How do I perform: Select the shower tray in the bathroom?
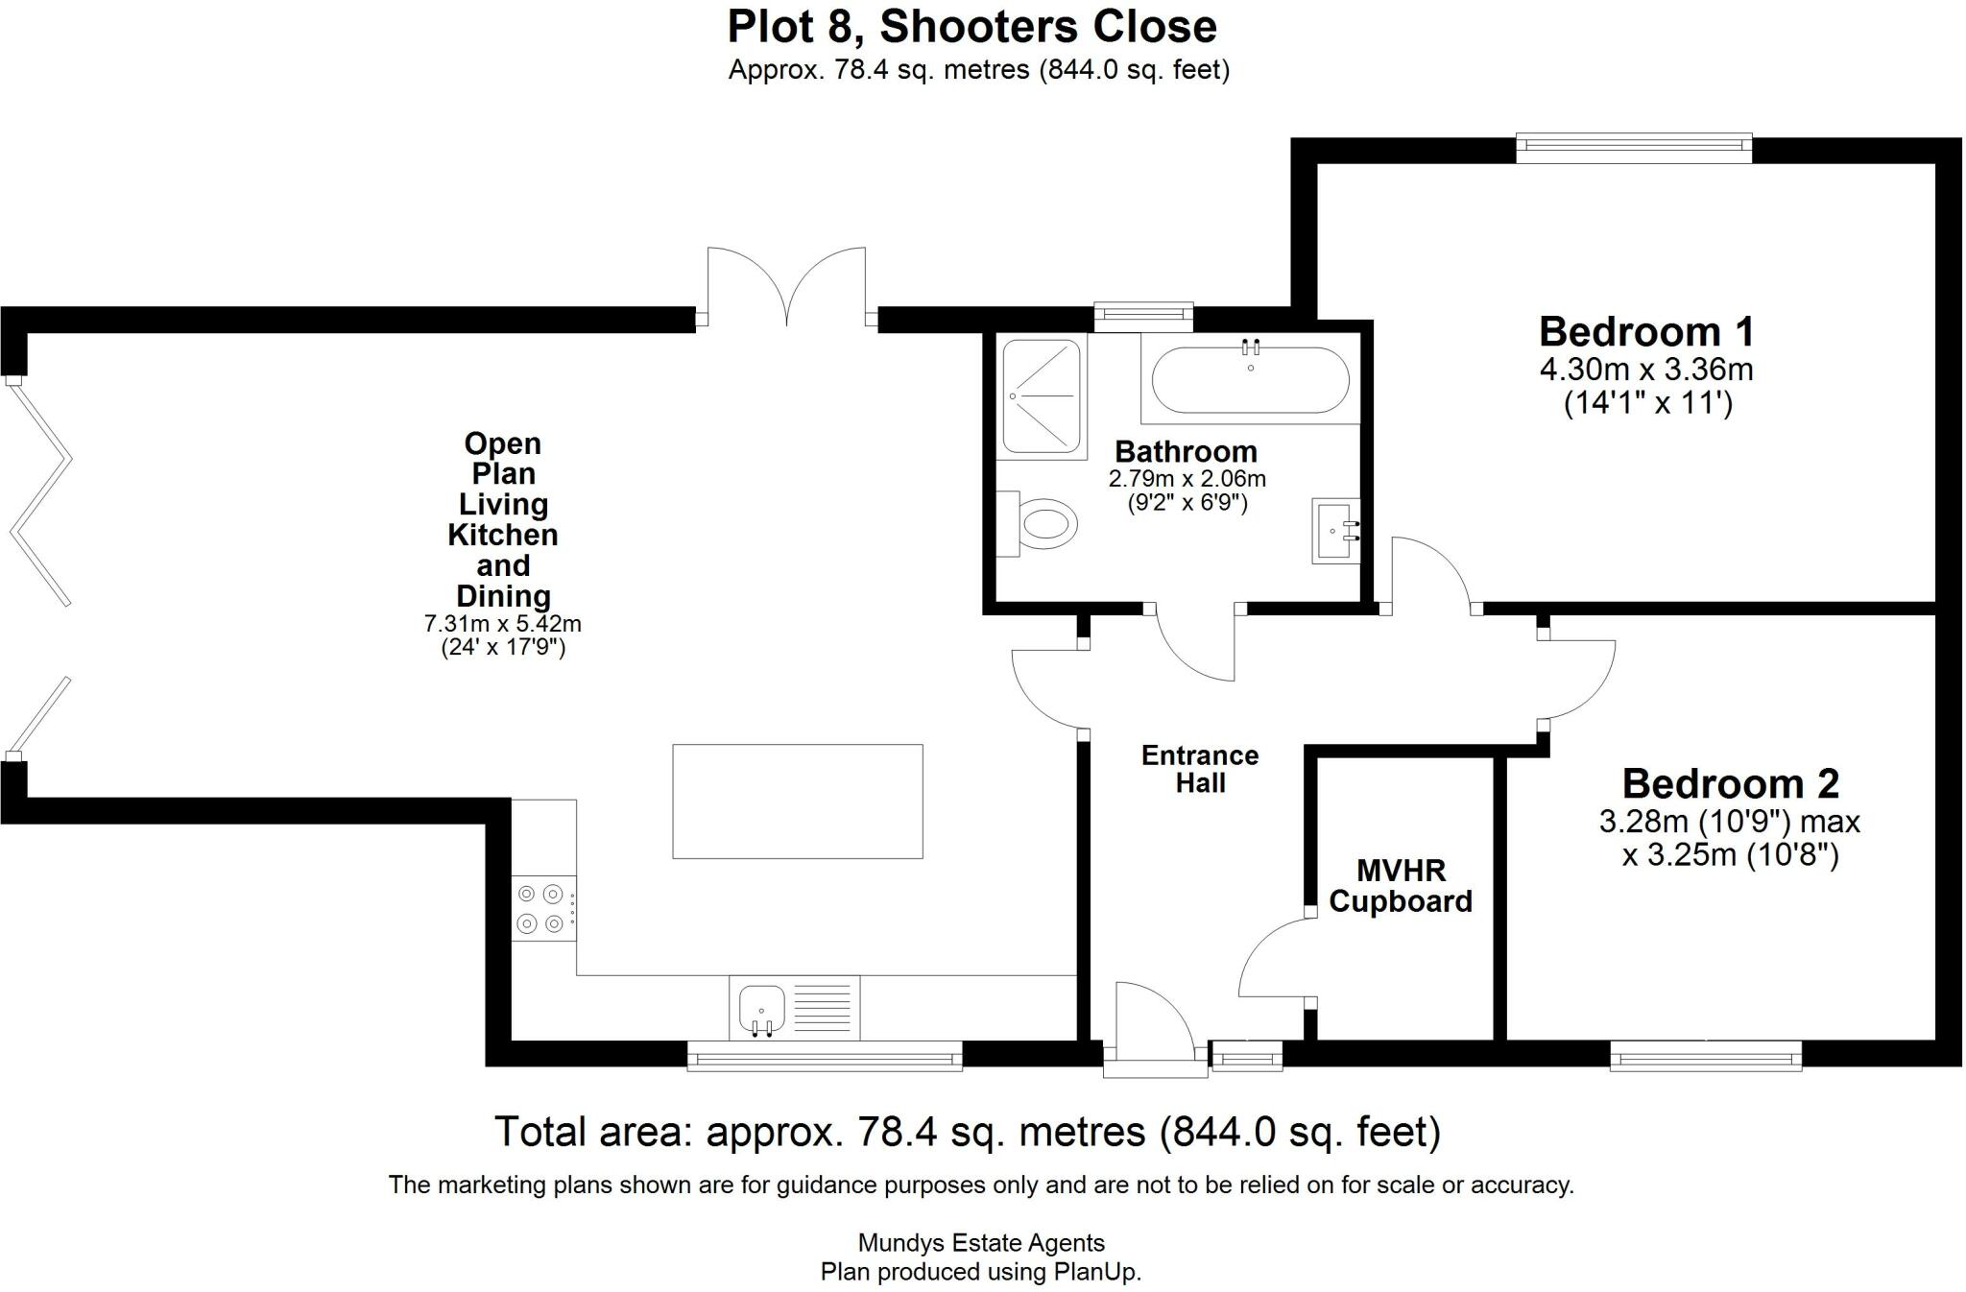point(1041,395)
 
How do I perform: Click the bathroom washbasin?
point(1336,531)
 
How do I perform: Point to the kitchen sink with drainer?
point(794,1008)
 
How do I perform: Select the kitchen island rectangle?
point(797,802)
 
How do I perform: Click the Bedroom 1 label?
point(1646,332)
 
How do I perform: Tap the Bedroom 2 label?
point(1730,784)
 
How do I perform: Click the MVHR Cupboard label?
point(1401,886)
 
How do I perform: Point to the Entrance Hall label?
point(1200,769)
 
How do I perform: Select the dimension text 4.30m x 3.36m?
point(1646,370)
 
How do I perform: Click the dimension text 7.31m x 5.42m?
point(502,624)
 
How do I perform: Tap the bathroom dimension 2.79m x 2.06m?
point(1187,478)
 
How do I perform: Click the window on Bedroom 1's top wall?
point(1634,146)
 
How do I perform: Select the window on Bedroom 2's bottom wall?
point(1705,1059)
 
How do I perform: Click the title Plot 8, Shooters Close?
point(971,27)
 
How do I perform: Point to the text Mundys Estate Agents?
point(981,1243)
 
